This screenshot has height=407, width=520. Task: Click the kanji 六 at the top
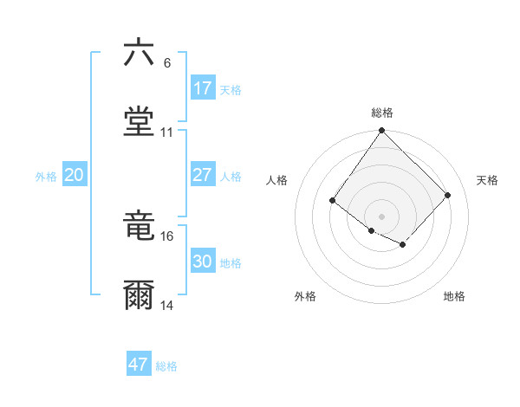click(139, 53)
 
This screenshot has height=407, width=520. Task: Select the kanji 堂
click(139, 122)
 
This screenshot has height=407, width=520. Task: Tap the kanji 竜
click(139, 226)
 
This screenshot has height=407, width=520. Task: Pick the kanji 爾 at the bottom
click(139, 295)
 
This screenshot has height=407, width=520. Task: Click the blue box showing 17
click(203, 88)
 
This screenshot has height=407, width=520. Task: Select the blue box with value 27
click(203, 175)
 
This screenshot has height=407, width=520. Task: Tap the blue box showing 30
click(203, 262)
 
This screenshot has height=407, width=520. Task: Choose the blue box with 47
click(139, 365)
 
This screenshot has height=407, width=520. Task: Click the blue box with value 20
click(75, 175)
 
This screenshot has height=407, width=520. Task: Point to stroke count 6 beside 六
click(167, 63)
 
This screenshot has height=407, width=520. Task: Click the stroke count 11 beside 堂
click(167, 132)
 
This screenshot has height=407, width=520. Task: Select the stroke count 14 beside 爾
click(167, 306)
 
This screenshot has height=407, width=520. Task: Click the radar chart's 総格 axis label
click(382, 113)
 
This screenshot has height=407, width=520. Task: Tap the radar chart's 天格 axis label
click(487, 180)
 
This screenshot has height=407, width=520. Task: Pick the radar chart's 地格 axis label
click(454, 296)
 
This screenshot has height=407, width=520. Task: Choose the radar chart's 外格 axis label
click(305, 296)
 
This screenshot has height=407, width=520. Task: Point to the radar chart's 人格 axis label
click(277, 180)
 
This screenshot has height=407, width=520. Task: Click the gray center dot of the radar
click(381, 216)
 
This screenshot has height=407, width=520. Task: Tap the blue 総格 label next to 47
click(166, 365)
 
